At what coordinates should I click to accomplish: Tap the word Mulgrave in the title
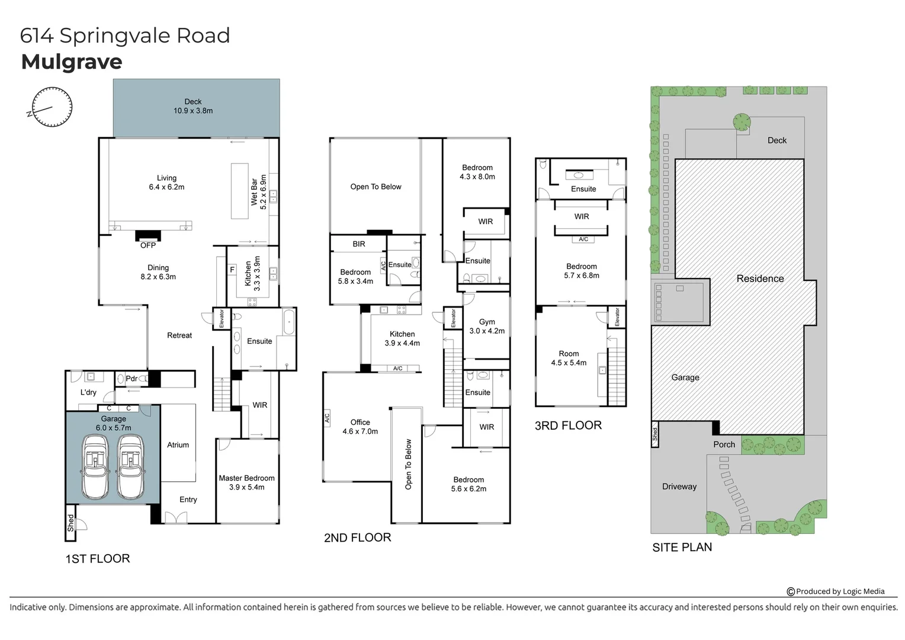click(x=72, y=62)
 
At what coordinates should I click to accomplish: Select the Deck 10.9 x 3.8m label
click(x=193, y=106)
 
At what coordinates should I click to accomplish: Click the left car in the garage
click(x=95, y=467)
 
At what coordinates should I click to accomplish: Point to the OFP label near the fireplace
click(x=148, y=245)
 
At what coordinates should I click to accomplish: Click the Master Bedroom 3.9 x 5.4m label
click(x=246, y=482)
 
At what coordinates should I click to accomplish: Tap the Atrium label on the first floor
click(x=178, y=445)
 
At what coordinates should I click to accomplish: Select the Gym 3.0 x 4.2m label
click(x=487, y=327)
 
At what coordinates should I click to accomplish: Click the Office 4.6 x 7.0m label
click(x=360, y=427)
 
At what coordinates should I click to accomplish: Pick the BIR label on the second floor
click(x=359, y=244)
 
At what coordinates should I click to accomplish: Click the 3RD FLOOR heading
click(x=568, y=425)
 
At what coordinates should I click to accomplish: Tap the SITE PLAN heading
click(x=682, y=548)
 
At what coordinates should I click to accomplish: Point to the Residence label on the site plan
click(x=760, y=279)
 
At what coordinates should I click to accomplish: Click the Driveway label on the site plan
click(x=679, y=487)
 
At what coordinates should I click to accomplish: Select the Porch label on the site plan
click(x=724, y=444)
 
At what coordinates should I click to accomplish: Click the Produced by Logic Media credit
click(x=836, y=591)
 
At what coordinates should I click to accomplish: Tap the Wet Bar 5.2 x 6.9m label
click(x=259, y=192)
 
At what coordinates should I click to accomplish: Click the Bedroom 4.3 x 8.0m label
click(x=477, y=172)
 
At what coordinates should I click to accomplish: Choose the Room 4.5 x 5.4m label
click(x=569, y=358)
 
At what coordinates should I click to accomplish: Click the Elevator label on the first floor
click(x=222, y=319)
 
